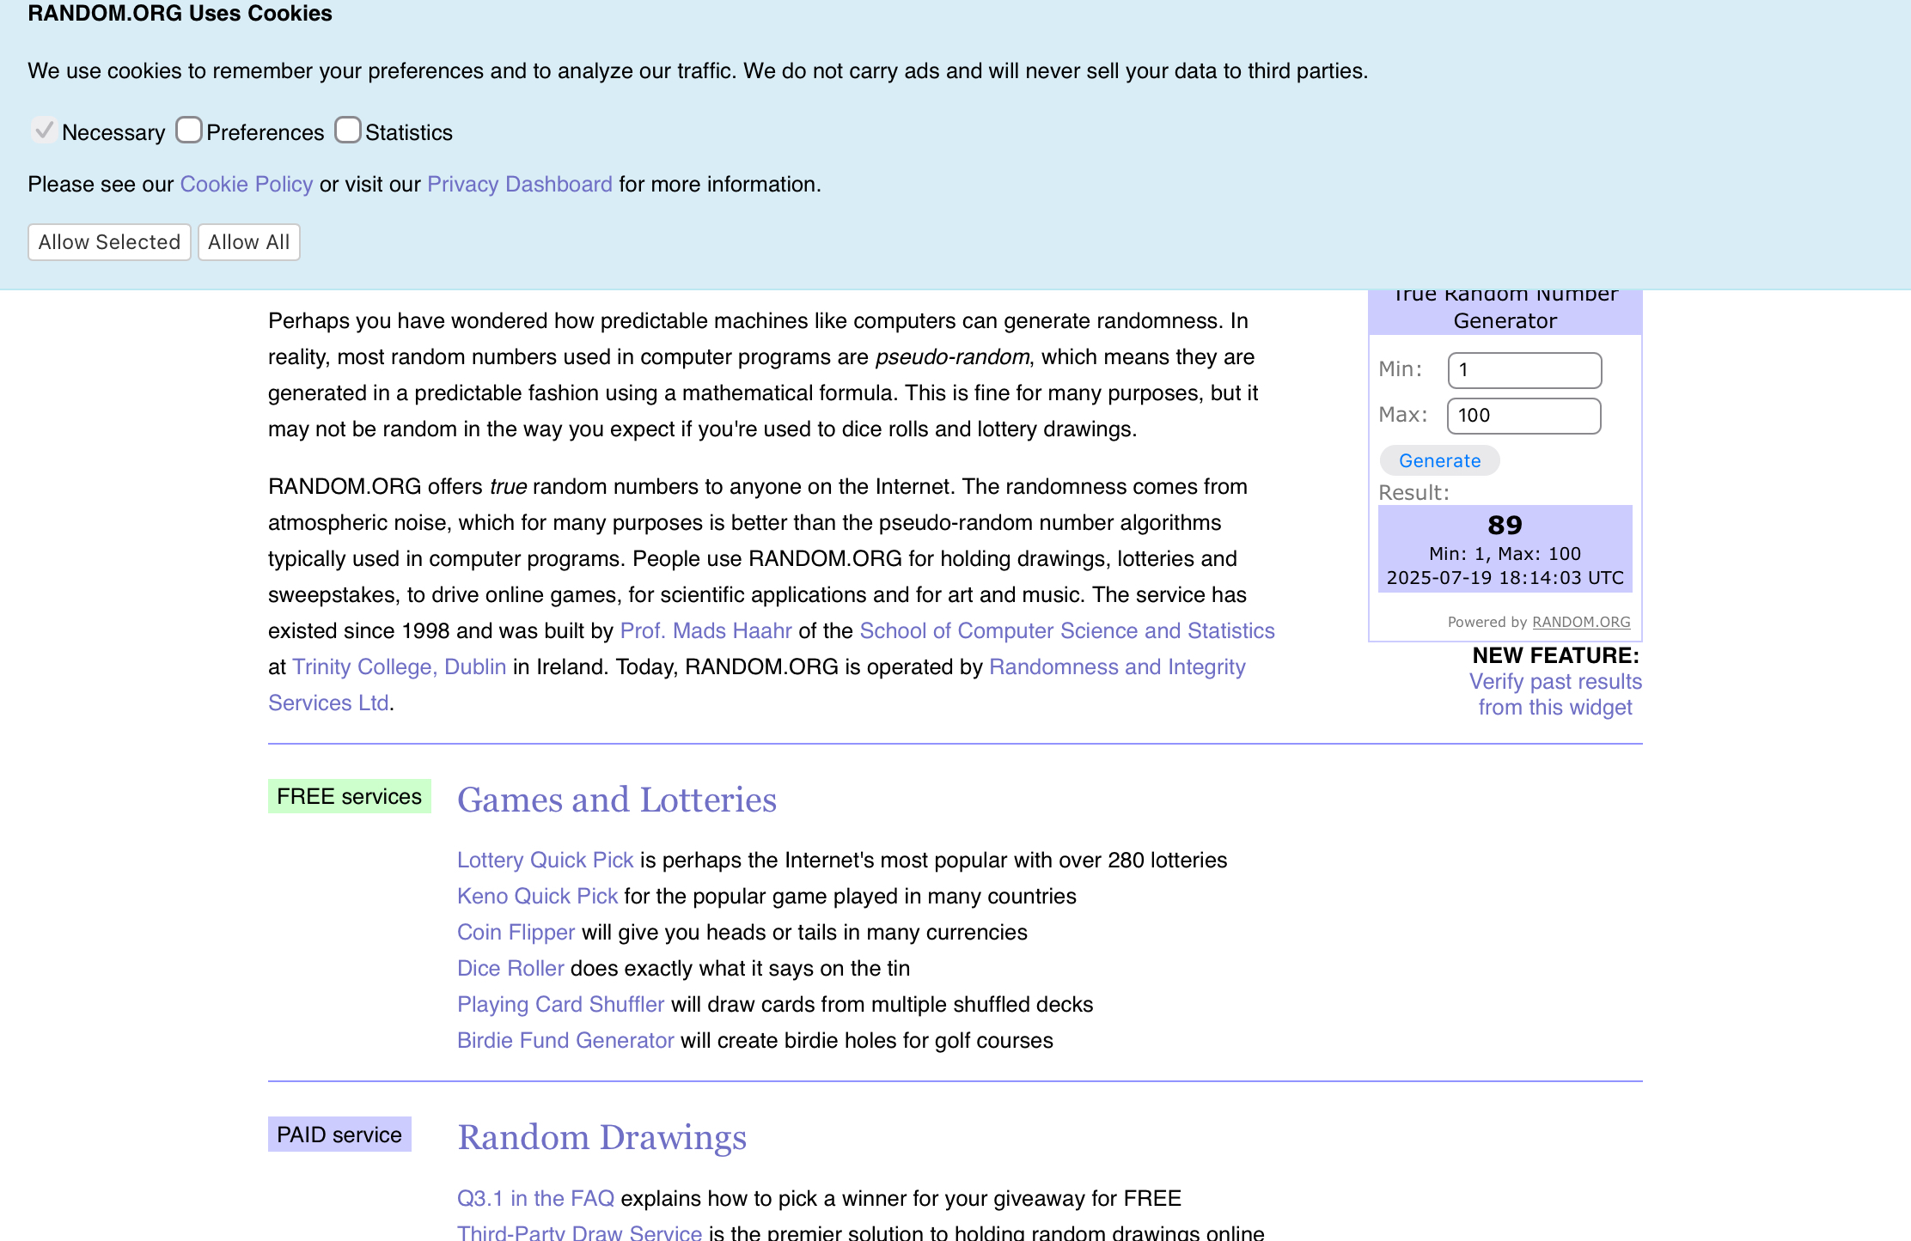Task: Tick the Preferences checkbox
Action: click(189, 131)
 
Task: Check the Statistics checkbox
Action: click(348, 131)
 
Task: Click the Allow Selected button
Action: click(109, 242)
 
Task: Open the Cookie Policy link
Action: click(247, 185)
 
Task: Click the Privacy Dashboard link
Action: click(520, 185)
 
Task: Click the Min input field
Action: click(1524, 370)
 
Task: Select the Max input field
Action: click(1524, 416)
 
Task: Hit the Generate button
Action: click(1439, 461)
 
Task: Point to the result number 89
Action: click(1505, 525)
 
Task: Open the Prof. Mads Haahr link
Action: click(705, 631)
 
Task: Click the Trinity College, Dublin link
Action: click(399, 667)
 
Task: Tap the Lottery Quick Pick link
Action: click(545, 861)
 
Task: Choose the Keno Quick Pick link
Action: click(537, 897)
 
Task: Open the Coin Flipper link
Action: click(516, 933)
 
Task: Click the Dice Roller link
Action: click(510, 969)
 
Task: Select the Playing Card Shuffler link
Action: click(560, 1005)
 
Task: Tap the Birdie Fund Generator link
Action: click(565, 1041)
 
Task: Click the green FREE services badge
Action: click(349, 796)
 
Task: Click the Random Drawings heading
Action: click(601, 1137)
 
